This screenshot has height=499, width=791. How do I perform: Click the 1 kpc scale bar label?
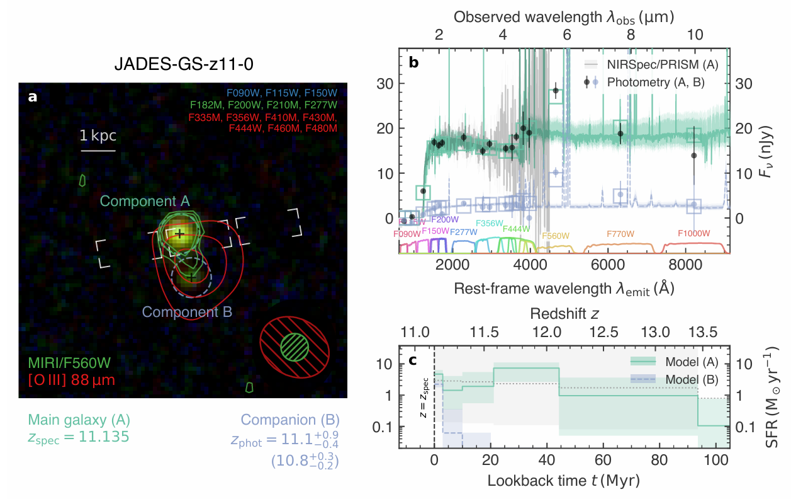tap(98, 136)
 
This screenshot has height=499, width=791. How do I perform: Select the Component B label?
tap(188, 311)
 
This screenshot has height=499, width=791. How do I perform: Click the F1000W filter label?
tap(694, 234)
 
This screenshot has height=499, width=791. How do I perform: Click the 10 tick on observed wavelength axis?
tap(695, 35)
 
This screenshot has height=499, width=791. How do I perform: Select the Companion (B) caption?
tap(291, 420)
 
